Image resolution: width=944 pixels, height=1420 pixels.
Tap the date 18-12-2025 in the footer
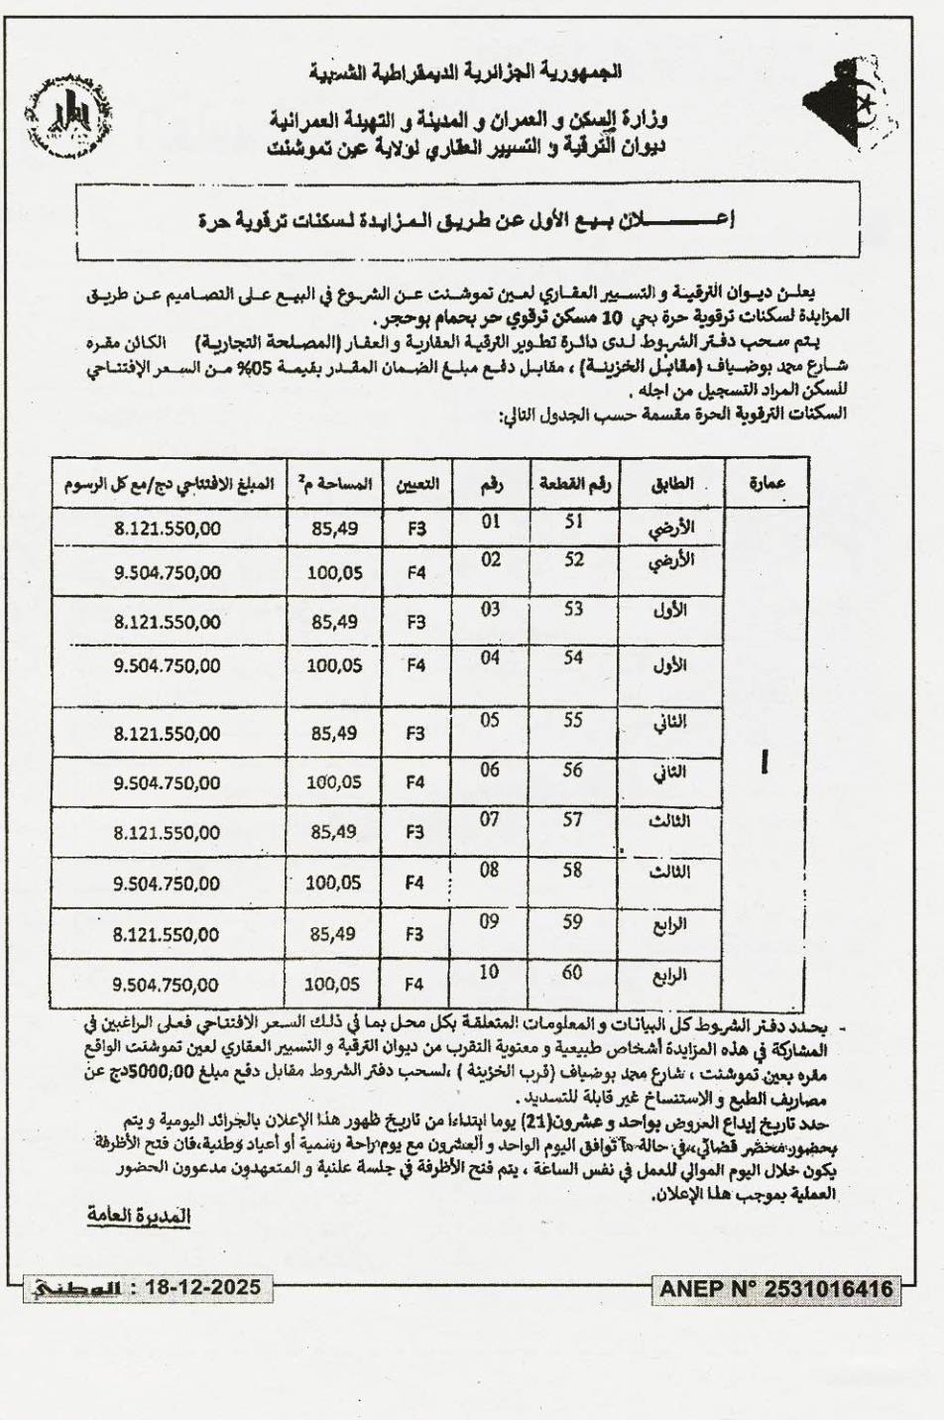point(203,1288)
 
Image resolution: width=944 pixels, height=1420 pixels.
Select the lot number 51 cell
point(573,523)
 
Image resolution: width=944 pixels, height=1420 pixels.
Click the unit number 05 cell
point(490,721)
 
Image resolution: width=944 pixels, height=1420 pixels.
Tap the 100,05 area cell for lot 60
point(333,985)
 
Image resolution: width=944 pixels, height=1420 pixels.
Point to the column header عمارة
point(767,485)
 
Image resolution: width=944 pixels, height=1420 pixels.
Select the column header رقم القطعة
point(574,484)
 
